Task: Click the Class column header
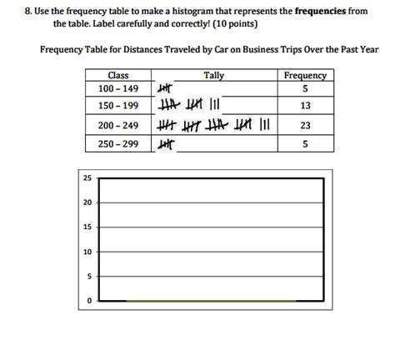click(x=117, y=76)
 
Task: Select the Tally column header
click(x=214, y=76)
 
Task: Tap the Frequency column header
click(x=305, y=76)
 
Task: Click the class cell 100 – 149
click(x=117, y=89)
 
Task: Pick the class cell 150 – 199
click(x=117, y=107)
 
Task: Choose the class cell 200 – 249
click(x=117, y=127)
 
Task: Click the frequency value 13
click(x=305, y=107)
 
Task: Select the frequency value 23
click(x=305, y=127)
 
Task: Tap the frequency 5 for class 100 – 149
click(x=305, y=89)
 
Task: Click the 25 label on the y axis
click(x=87, y=178)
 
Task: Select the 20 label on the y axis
click(x=87, y=202)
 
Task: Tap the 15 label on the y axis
click(x=87, y=227)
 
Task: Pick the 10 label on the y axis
click(x=87, y=252)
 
